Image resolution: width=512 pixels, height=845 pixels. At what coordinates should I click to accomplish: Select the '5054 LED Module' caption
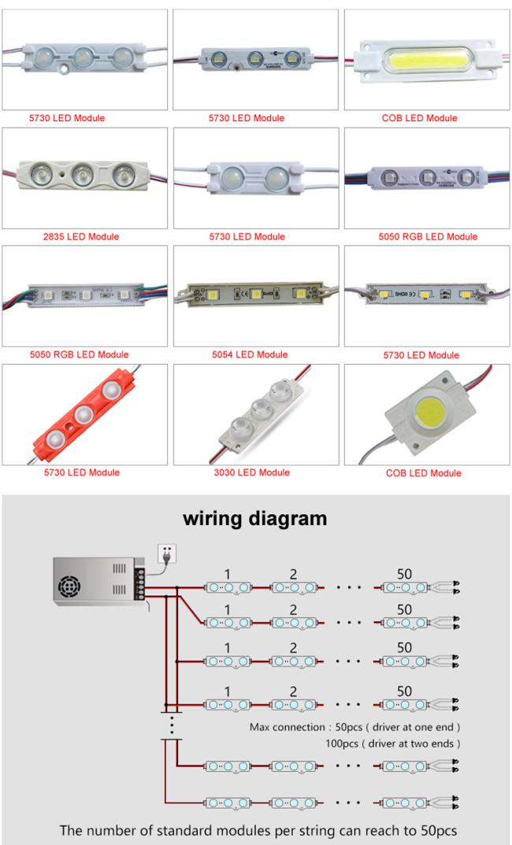254,354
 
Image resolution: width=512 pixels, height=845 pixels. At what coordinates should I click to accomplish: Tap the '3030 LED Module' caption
254,473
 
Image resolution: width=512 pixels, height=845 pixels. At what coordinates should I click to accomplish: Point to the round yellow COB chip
425,408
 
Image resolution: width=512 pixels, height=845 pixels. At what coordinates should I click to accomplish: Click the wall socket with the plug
169,555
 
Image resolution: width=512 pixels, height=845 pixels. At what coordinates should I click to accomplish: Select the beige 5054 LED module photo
254,295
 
